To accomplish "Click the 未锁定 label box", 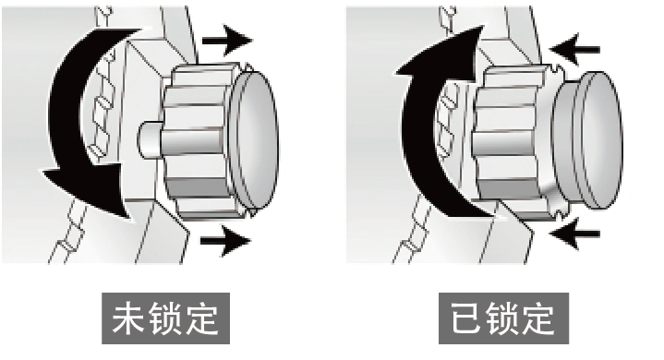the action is click(165, 318).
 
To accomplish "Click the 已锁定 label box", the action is click(503, 318).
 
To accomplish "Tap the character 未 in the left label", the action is click(129, 318).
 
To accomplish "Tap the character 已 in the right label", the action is click(465, 318).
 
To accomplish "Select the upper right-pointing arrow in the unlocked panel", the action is click(227, 41).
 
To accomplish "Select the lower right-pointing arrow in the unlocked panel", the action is click(225, 241).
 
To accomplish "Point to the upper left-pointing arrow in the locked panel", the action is click(574, 50).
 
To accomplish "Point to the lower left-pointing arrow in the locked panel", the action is click(574, 234).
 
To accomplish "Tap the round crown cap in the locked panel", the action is click(588, 139).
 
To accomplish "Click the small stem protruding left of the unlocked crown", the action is click(149, 140).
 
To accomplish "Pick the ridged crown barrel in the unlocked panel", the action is click(199, 142).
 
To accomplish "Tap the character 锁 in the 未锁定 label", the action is click(165, 318).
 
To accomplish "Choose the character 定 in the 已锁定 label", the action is click(538, 318).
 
